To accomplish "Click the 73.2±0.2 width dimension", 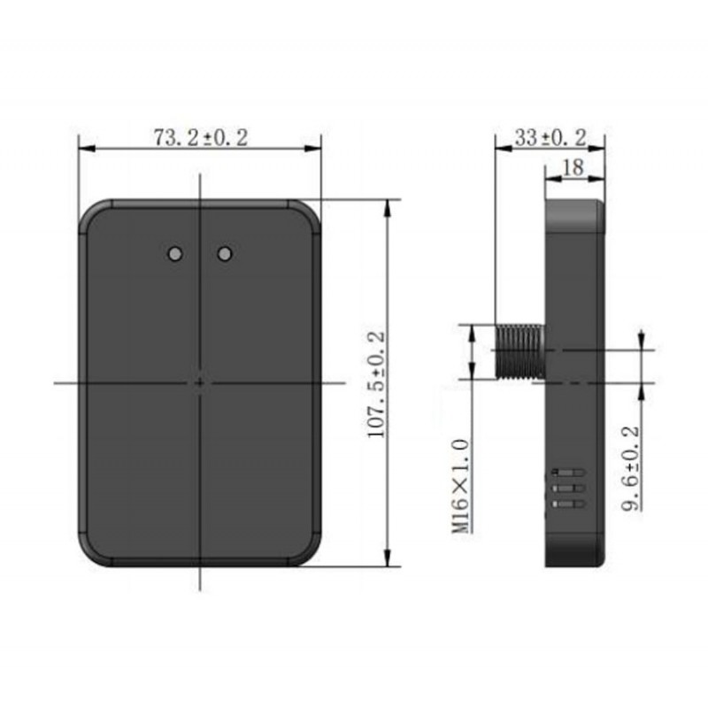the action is pyautogui.click(x=201, y=138).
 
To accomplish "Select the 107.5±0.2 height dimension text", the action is pyautogui.click(x=376, y=385).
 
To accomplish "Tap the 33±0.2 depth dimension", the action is pyautogui.click(x=550, y=138).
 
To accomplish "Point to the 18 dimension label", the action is pyautogui.click(x=573, y=167).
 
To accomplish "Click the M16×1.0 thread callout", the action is pyautogui.click(x=461, y=486).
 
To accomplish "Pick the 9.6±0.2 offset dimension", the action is pyautogui.click(x=631, y=468).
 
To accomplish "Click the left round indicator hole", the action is pyautogui.click(x=174, y=254).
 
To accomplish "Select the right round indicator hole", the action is pyautogui.click(x=225, y=254).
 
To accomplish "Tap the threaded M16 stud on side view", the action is pyautogui.click(x=520, y=351).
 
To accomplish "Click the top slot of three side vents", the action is pyautogui.click(x=568, y=473).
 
